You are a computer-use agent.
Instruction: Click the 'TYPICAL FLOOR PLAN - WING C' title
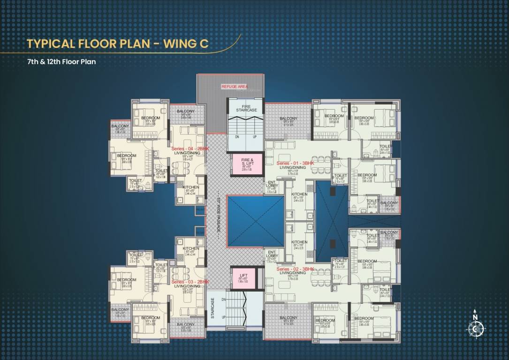117,44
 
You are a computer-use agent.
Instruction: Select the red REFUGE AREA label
234,87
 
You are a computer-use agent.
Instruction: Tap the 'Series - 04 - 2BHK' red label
190,149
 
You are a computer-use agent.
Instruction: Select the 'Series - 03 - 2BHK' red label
190,282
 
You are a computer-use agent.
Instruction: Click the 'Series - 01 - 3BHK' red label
296,163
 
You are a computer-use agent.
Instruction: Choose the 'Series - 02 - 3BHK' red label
295,270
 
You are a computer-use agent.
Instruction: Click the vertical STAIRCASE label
212,308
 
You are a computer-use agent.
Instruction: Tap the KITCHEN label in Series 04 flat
190,187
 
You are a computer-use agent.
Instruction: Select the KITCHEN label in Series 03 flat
190,248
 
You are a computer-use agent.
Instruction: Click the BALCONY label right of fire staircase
288,119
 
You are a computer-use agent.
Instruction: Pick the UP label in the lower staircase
224,317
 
